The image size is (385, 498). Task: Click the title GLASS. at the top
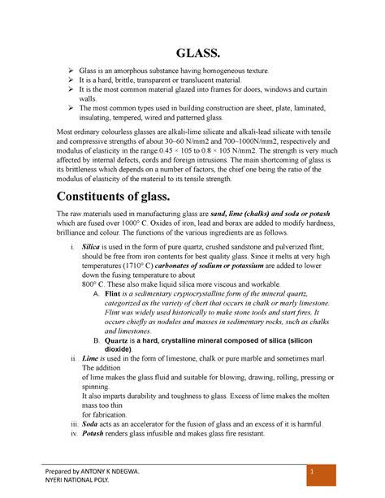pyautogui.click(x=192, y=54)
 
